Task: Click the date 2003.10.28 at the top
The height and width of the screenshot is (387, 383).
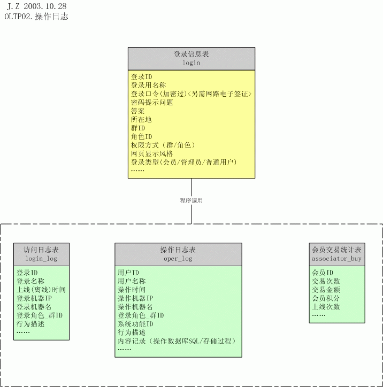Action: pos(45,6)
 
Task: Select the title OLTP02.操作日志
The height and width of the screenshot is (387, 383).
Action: pos(36,17)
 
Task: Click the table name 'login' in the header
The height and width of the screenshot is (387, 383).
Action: pos(191,63)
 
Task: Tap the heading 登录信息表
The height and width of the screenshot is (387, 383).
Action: pos(191,54)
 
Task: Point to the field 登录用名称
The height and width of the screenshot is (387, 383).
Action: pos(148,86)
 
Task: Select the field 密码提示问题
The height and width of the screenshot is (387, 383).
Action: pos(152,103)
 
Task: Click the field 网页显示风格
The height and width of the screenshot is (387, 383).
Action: pos(152,154)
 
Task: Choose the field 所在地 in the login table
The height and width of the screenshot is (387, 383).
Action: pos(141,120)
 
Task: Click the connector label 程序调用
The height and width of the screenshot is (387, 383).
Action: pos(191,200)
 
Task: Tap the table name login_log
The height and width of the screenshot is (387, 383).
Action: pos(41,259)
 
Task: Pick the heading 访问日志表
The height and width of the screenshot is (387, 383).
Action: pos(41,250)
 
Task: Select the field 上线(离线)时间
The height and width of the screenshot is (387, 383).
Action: pos(41,290)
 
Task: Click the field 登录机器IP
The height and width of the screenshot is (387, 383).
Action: pos(34,298)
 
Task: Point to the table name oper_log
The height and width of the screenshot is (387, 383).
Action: pos(178,259)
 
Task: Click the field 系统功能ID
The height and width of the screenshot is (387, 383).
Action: pos(135,324)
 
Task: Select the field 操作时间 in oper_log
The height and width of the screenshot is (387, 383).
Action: pos(132,290)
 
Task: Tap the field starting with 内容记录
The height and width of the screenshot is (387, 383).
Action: pos(177,341)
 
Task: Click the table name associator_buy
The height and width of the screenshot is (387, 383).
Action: pos(336,259)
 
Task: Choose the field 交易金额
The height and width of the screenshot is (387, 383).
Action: pos(326,290)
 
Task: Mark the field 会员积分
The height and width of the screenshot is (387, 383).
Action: pos(326,298)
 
